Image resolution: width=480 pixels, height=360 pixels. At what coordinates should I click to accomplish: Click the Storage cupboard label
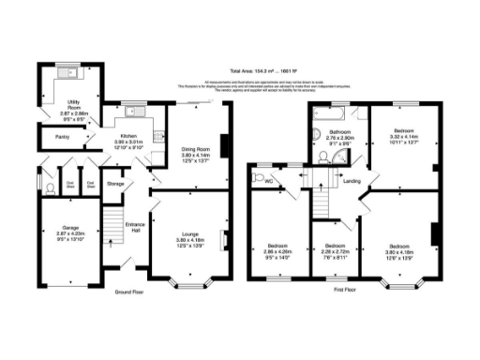click(115, 184)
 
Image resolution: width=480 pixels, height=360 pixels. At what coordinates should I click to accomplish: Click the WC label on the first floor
click(268, 180)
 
